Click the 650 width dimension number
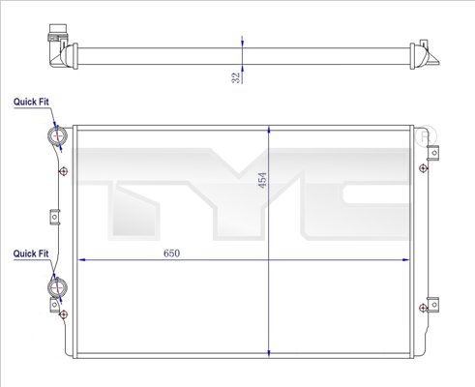[170, 253]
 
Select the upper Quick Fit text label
[30, 101]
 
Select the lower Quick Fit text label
[30, 253]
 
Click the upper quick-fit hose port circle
[56, 135]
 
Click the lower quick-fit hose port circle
[56, 287]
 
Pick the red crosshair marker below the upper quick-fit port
[63, 172]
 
